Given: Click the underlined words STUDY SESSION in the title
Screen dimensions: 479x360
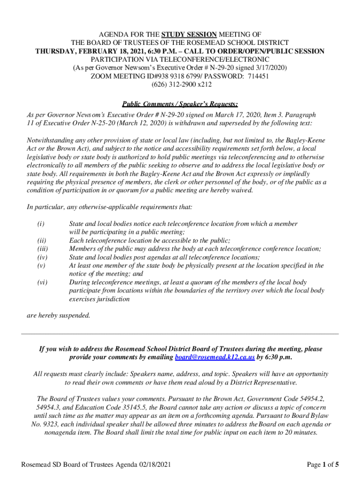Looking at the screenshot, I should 189,35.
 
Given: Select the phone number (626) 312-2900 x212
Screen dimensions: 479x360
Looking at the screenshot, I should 180,85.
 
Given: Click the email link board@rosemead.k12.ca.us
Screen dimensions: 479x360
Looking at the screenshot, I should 215,357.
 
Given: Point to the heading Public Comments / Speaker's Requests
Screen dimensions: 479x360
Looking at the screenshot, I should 180,104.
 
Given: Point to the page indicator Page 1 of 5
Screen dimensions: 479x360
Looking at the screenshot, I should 323,464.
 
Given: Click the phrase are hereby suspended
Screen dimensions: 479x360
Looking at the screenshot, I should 58,315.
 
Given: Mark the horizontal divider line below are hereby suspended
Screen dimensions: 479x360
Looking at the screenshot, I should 180,334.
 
